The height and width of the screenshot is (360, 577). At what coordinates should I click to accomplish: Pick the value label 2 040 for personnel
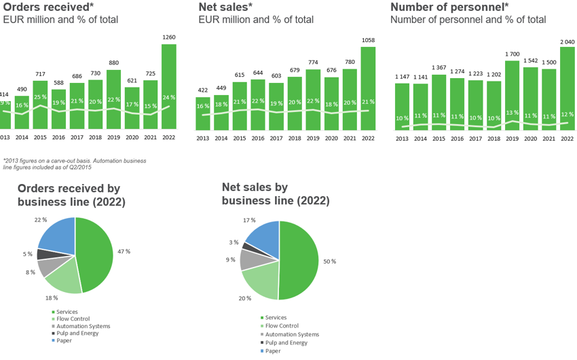tap(567, 41)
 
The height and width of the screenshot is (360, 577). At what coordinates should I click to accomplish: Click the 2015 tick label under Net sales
tap(240, 138)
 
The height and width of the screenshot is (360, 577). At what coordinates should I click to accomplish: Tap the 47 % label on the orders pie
tap(123, 251)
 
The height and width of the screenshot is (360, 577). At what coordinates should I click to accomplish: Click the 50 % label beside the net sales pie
tap(329, 262)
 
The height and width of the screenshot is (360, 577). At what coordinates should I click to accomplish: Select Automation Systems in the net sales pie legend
tap(292, 334)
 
